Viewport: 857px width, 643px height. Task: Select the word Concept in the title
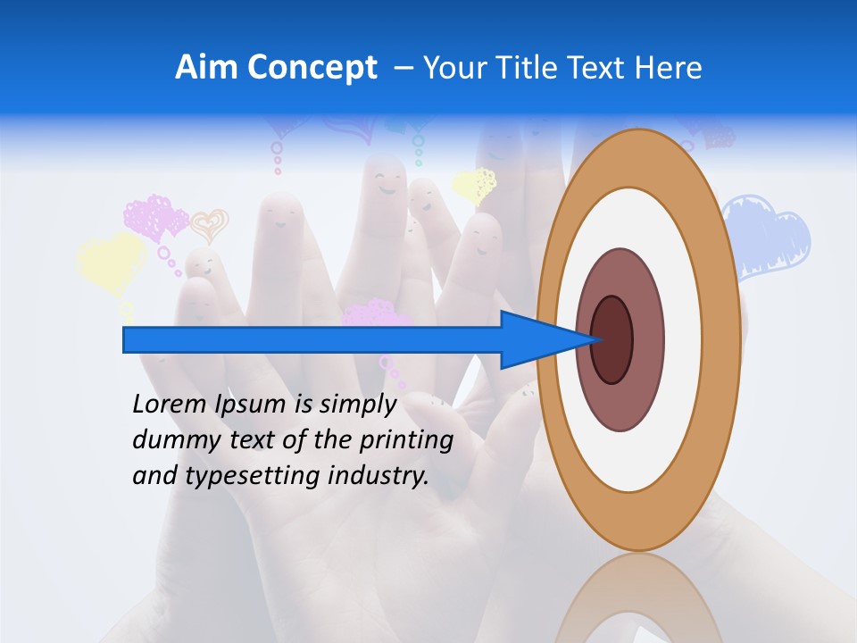(x=312, y=69)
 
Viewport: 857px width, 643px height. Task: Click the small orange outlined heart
(x=211, y=224)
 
